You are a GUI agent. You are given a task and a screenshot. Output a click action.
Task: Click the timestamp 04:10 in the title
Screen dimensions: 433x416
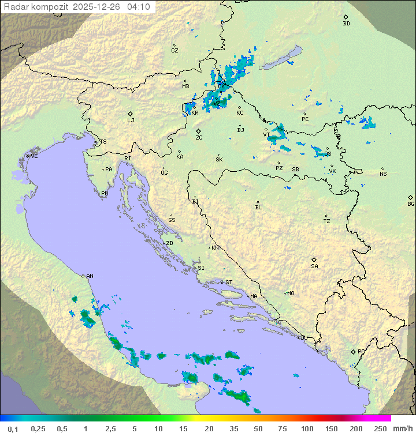tap(139, 7)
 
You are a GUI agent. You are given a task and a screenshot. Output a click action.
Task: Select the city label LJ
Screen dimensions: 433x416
tap(131, 121)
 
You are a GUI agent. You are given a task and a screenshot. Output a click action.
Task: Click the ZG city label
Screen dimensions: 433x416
tap(199, 138)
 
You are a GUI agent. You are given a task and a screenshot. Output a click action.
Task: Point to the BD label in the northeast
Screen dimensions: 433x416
tap(346, 24)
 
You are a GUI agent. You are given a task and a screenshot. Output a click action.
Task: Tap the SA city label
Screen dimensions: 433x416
tap(314, 266)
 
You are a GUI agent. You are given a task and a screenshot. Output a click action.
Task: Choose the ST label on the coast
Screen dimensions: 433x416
tap(229, 283)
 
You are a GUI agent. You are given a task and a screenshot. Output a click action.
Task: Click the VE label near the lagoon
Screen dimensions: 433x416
tap(34, 156)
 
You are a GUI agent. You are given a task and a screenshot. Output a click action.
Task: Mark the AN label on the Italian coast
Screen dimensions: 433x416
tap(90, 276)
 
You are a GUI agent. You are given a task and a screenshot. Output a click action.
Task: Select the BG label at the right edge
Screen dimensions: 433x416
tap(411, 204)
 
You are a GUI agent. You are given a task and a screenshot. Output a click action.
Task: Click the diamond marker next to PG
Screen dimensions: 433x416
tap(353, 351)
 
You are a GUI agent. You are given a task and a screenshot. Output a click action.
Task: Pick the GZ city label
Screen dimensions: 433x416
tap(174, 51)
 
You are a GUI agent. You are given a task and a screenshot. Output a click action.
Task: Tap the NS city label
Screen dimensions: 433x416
tap(383, 174)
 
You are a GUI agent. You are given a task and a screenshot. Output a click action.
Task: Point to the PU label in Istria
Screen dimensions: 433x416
tap(105, 194)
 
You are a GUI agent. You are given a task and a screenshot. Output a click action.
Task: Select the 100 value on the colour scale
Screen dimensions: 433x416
tap(307, 428)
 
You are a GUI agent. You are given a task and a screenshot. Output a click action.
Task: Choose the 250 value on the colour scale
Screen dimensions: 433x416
tap(380, 428)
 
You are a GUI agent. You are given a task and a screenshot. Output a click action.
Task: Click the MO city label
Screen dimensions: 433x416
tap(291, 293)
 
